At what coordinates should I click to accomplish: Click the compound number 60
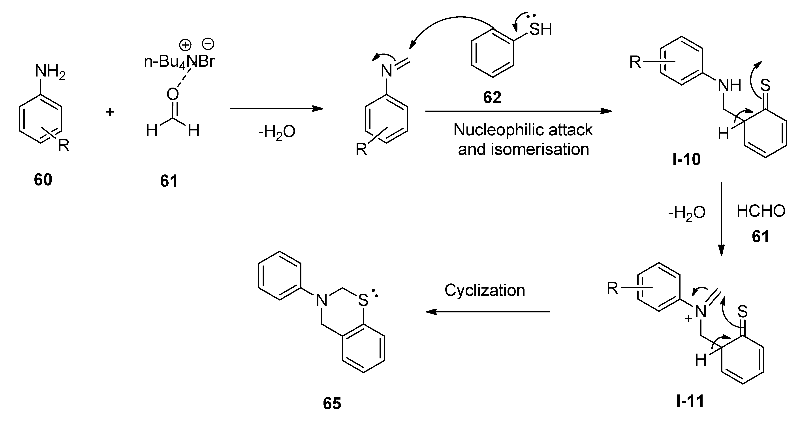coord(43,180)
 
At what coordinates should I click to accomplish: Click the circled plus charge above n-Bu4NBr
coord(185,45)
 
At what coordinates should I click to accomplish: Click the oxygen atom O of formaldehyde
coord(173,94)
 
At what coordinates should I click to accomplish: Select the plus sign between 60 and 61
coord(110,111)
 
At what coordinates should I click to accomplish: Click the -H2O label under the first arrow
coord(276,132)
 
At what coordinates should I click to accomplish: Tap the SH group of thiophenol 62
coord(540,29)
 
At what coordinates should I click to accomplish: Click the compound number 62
coord(492,98)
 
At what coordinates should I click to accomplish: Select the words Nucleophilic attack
coord(523,130)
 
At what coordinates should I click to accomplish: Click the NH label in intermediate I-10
coord(729,85)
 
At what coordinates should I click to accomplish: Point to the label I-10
coord(686,159)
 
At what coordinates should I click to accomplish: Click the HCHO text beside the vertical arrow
coord(761,211)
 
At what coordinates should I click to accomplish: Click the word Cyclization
coord(485,290)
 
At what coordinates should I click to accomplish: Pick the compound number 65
coord(332,404)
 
